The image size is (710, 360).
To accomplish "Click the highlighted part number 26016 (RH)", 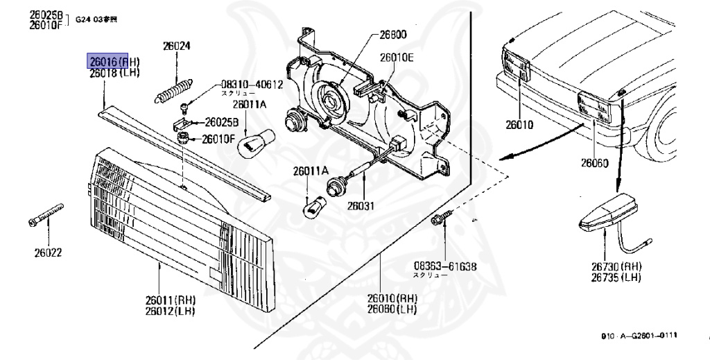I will click(106, 62).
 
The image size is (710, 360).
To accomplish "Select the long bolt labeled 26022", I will click(46, 215).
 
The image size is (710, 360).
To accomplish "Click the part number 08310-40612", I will click(252, 85).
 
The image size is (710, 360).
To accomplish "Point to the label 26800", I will click(392, 34).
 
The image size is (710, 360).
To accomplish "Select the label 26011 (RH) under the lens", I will click(171, 300).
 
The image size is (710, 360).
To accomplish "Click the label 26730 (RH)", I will click(616, 266).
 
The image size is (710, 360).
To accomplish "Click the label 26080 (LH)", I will click(392, 309).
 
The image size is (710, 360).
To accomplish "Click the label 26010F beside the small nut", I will click(219, 139).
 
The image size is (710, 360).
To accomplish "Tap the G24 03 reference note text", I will click(96, 18).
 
